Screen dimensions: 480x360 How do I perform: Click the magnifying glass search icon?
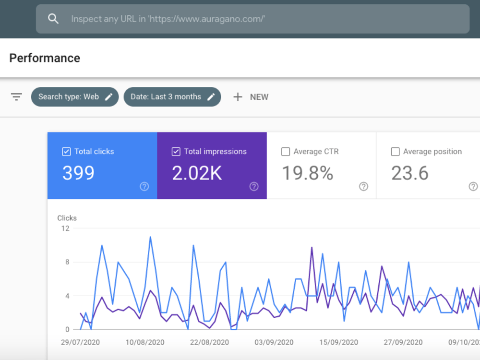tap(53, 19)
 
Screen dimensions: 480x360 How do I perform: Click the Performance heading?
tap(45, 58)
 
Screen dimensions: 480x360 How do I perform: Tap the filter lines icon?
tap(16, 97)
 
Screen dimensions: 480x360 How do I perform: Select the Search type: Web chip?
tap(75, 97)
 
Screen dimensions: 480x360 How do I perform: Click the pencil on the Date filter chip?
tap(211, 97)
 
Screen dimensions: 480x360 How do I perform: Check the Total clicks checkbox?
tap(66, 152)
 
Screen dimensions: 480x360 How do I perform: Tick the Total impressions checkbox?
tap(176, 152)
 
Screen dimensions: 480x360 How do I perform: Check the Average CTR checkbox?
tap(286, 152)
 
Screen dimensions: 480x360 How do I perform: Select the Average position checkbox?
tap(395, 152)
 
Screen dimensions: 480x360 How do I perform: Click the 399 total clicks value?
tap(78, 173)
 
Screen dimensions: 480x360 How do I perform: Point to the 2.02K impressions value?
tap(197, 173)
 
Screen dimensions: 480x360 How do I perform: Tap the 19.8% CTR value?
tap(307, 173)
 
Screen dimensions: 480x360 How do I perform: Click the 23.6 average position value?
tap(410, 173)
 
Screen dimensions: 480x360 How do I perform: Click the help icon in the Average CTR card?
tap(364, 186)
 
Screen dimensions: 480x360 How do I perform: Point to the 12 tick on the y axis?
tap(65, 228)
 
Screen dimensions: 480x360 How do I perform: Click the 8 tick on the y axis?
tap(67, 262)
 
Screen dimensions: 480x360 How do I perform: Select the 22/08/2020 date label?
tap(209, 342)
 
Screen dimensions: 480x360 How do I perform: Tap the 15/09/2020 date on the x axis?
tap(338, 342)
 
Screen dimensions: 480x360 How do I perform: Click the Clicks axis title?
tap(67, 218)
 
